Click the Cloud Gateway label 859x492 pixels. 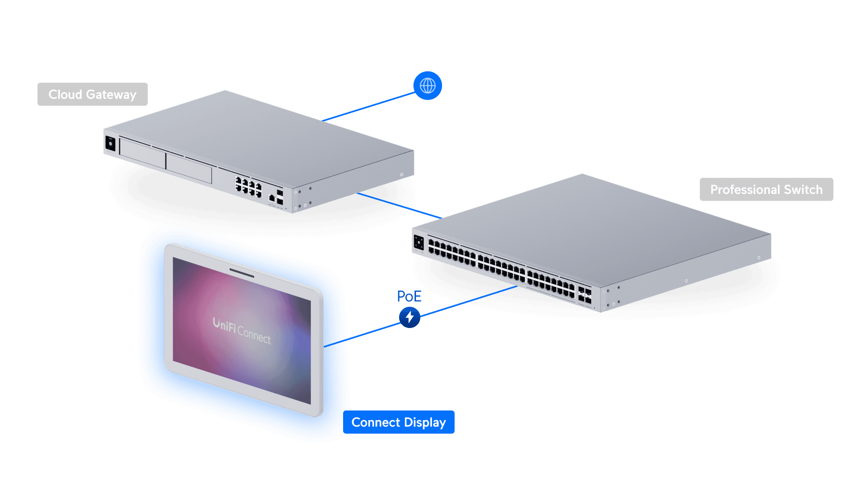click(x=92, y=95)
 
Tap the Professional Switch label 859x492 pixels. click(x=766, y=190)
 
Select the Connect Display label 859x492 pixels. click(x=398, y=423)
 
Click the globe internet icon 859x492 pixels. click(x=428, y=86)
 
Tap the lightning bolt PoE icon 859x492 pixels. click(x=410, y=317)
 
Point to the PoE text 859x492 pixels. click(x=409, y=296)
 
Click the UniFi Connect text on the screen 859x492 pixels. click(x=242, y=330)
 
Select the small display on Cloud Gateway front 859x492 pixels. click(x=111, y=143)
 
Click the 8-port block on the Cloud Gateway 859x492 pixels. click(x=248, y=186)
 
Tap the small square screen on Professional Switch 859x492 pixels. click(x=418, y=243)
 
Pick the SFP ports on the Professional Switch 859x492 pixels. click(x=584, y=295)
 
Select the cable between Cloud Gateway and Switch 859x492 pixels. click(x=398, y=205)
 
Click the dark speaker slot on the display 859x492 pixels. click(x=242, y=273)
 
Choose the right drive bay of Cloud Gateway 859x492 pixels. click(x=189, y=168)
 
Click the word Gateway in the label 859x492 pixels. click(x=111, y=95)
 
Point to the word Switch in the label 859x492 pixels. click(x=803, y=190)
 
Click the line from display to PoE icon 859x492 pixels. click(x=372, y=332)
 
